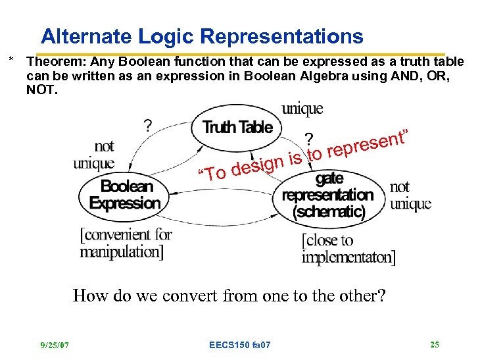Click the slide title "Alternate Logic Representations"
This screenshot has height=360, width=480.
pyautogui.click(x=201, y=36)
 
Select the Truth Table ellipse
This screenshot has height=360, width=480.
pyautogui.click(x=237, y=128)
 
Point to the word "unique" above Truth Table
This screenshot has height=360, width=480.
pyautogui.click(x=302, y=108)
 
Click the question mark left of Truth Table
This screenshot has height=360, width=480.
pyautogui.click(x=150, y=125)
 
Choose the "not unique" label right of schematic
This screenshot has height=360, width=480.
pyautogui.click(x=410, y=195)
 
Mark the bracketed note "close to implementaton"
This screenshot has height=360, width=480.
pyautogui.click(x=348, y=249)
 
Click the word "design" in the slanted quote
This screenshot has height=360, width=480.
pyautogui.click(x=257, y=165)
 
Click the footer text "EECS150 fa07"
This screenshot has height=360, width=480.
pyautogui.click(x=239, y=345)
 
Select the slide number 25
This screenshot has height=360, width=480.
pyautogui.click(x=435, y=344)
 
